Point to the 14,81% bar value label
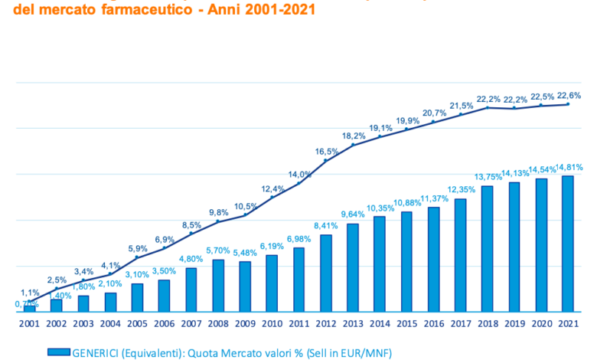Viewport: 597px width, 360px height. (x=568, y=168)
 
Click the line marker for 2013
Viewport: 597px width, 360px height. (x=353, y=145)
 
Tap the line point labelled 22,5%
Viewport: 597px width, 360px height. (x=541, y=105)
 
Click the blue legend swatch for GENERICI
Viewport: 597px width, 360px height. (x=58, y=352)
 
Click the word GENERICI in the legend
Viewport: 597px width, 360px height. (x=95, y=352)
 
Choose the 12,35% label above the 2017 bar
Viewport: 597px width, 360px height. (x=461, y=190)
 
